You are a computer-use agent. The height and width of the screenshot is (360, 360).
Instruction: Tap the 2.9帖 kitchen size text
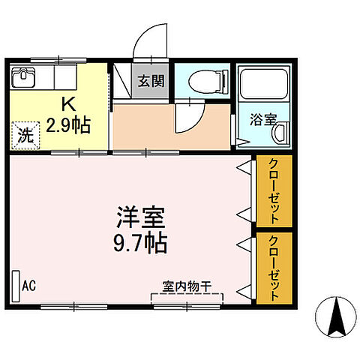(x=67, y=124)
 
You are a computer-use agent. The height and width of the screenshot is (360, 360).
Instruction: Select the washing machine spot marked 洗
(x=25, y=137)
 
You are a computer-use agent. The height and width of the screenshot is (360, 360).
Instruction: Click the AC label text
(x=30, y=285)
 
